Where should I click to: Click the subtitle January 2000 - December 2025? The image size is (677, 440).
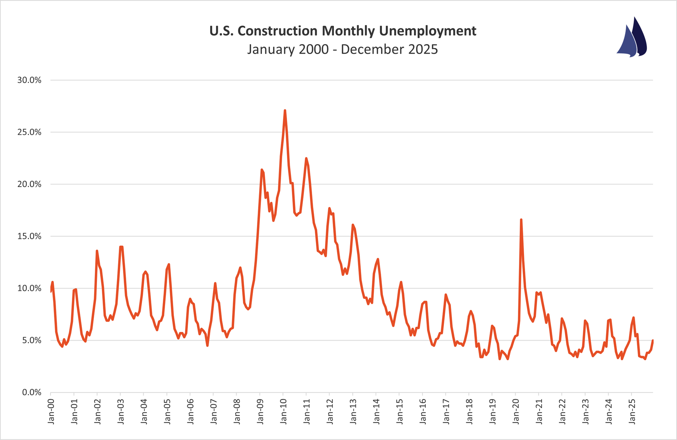pos(342,49)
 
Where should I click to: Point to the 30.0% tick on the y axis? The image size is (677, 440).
pos(29,80)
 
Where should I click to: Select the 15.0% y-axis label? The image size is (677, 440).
pos(29,236)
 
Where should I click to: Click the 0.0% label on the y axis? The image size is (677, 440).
pos(31,392)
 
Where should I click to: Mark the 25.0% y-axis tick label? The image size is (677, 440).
pos(29,132)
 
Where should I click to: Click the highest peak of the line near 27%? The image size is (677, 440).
pos(285,110)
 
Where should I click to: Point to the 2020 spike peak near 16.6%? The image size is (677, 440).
pos(521,219)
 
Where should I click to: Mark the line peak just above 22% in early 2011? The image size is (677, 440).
pos(306,158)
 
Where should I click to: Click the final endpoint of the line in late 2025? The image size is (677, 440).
pos(653,340)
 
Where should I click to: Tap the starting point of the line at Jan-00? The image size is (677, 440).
pos(51,291)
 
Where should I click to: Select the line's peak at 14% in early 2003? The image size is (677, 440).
pos(121,247)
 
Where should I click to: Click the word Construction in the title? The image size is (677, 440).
pos(277,31)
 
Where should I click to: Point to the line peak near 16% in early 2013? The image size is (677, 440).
pos(353,224)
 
